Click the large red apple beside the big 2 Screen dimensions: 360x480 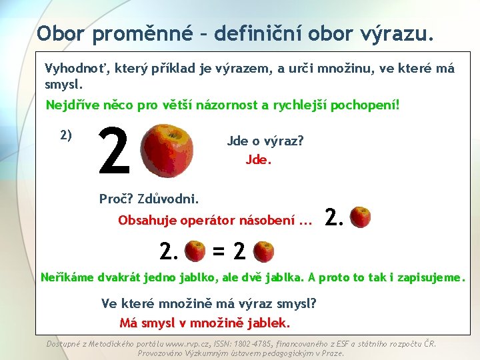169,151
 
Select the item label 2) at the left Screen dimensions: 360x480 66,135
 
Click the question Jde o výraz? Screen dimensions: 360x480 265,141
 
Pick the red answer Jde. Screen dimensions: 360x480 259,160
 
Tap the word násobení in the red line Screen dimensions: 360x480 267,221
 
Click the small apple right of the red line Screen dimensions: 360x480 361,217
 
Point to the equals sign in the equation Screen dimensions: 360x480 219,251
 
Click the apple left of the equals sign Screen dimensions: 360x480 195,251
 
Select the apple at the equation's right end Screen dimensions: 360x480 264,251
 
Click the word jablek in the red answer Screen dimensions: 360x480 269,323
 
